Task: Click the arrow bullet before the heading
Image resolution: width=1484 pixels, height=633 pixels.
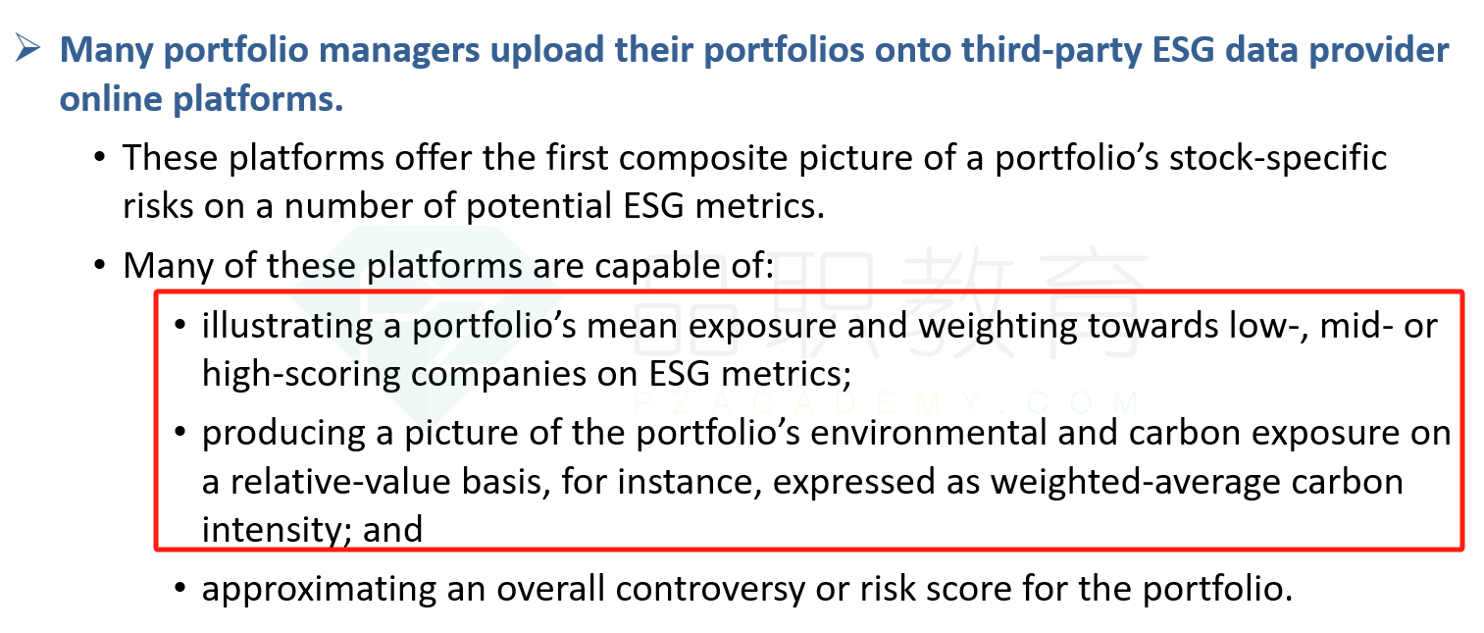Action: tap(27, 48)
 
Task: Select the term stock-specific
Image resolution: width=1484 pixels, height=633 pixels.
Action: tap(1277, 159)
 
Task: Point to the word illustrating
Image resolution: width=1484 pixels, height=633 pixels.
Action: tap(287, 326)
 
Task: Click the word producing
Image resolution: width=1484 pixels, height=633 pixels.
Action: tap(283, 434)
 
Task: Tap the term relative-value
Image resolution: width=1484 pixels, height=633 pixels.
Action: tap(340, 481)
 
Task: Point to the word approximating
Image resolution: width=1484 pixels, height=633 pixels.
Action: tap(319, 589)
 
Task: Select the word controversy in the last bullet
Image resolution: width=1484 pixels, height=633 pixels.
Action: tap(709, 589)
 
